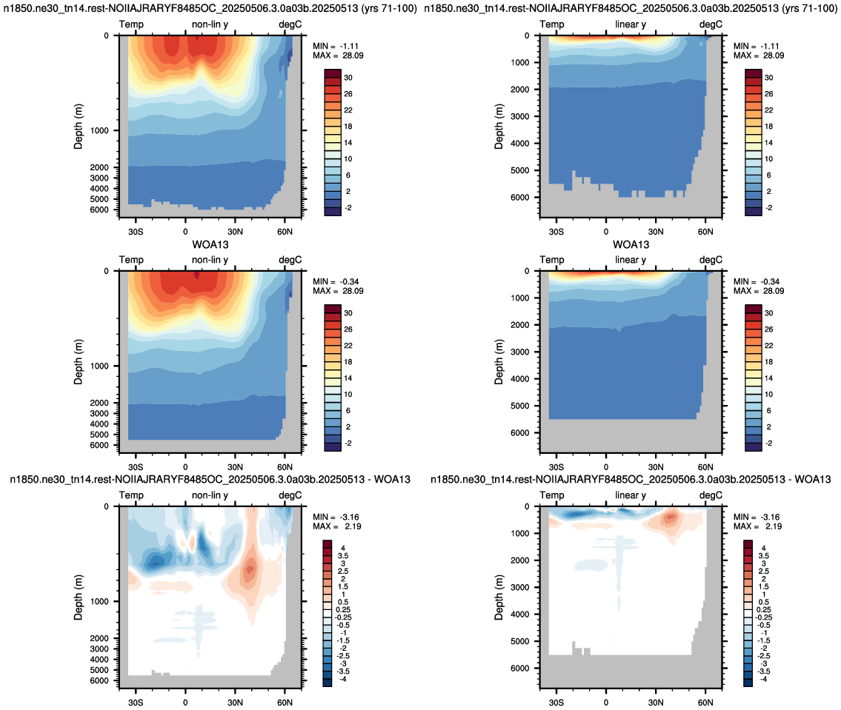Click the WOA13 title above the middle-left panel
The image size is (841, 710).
coord(210,245)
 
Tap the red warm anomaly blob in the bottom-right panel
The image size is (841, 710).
coord(670,518)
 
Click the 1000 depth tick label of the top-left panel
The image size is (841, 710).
coord(99,130)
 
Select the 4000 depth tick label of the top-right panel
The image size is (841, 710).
coord(519,143)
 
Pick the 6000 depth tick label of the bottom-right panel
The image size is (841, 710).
coord(519,669)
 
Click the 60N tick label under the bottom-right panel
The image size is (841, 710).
coord(705,703)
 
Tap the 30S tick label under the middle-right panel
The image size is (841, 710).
coord(556,467)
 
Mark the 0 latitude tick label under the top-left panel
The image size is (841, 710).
coord(185,232)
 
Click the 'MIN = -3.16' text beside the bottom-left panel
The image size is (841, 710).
coord(336,517)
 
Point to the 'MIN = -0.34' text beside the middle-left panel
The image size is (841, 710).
coord(336,281)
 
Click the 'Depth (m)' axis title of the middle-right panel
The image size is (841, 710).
coord(499,362)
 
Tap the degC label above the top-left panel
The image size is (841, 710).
coord(290,24)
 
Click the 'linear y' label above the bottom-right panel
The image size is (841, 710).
coord(631,495)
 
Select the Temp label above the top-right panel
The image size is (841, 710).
coord(552,24)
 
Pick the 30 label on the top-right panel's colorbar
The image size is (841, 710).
coord(768,78)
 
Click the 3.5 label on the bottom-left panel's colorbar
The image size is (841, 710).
coord(343,556)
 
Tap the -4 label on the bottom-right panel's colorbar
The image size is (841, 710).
coord(762,679)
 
